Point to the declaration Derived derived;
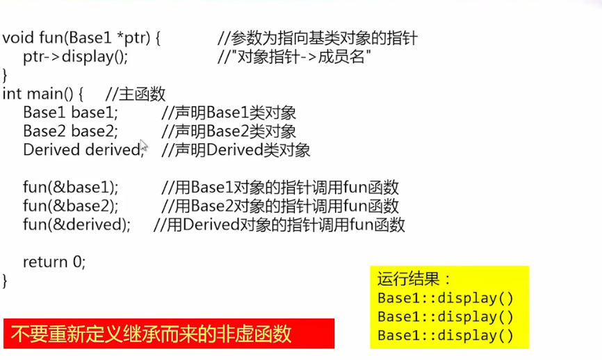(82, 150)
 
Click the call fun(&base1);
(70, 187)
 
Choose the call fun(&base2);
(70, 206)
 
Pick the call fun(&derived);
(76, 224)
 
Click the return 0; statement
(54, 262)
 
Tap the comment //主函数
(136, 94)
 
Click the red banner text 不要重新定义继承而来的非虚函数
(150, 334)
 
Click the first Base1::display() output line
(445, 298)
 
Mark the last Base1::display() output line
(445, 335)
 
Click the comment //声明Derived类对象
(236, 150)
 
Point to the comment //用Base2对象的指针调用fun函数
(280, 206)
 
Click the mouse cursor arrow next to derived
(144, 147)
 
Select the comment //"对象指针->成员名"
(294, 57)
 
